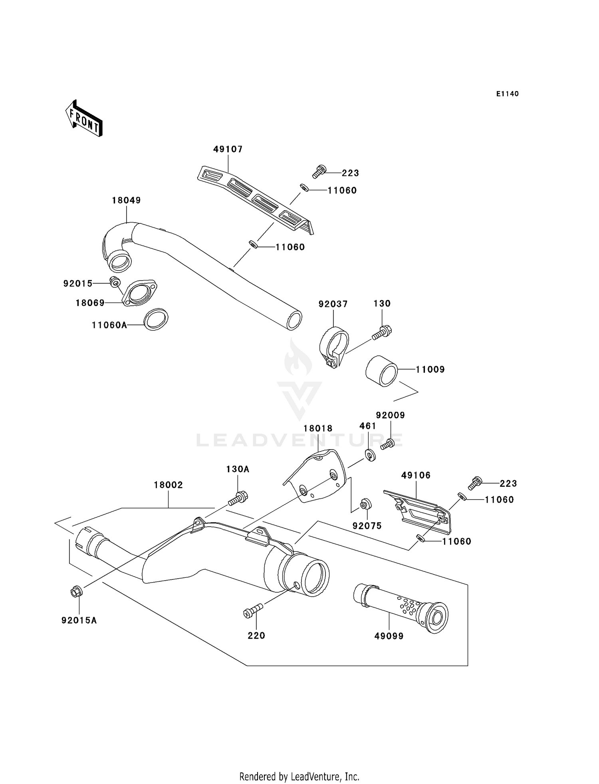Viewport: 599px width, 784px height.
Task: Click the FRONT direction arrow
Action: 84,119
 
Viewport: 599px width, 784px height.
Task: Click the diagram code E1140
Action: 507,94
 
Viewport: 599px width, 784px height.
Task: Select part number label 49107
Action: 228,149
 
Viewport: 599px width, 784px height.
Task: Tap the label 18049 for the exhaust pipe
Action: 126,200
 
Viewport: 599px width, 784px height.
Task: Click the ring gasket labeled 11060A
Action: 156,319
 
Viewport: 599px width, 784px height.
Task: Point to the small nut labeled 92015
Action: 114,282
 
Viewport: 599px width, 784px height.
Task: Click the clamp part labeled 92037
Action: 334,347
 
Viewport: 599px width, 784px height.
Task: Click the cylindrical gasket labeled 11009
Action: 382,371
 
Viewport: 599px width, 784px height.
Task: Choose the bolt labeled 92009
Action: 387,444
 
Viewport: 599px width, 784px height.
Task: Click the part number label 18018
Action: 318,428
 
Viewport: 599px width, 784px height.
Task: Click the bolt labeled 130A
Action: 238,498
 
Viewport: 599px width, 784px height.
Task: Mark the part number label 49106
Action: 416,475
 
